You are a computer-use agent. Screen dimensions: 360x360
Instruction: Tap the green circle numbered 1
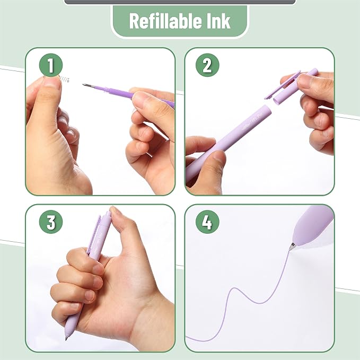tap(51, 66)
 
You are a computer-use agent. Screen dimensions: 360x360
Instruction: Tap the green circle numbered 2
tap(207, 66)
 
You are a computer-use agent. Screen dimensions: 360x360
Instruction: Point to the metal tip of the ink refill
tap(86, 85)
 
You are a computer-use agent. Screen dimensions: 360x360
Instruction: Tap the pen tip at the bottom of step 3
tap(67, 337)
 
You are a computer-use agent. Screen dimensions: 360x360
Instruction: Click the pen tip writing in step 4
tap(292, 247)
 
